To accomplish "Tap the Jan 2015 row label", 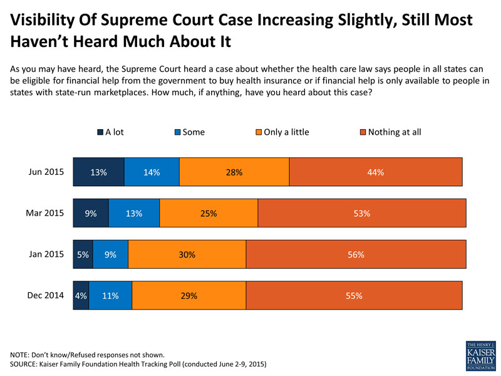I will tap(48, 254).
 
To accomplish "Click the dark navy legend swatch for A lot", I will tap(100, 132).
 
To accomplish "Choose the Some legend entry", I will tap(189, 132).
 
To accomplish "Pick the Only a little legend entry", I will tap(281, 132).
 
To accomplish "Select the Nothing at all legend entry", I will tap(389, 132).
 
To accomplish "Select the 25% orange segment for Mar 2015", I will tap(209, 213).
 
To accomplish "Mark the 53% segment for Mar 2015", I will tap(362, 213).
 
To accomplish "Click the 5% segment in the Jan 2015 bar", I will tap(83, 254).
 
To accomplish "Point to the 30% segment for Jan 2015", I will tap(187, 254).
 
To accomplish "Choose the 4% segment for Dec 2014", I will tap(81, 296).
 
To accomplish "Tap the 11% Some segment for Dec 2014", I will tap(110, 296).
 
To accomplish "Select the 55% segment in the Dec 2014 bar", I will tap(354, 296).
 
